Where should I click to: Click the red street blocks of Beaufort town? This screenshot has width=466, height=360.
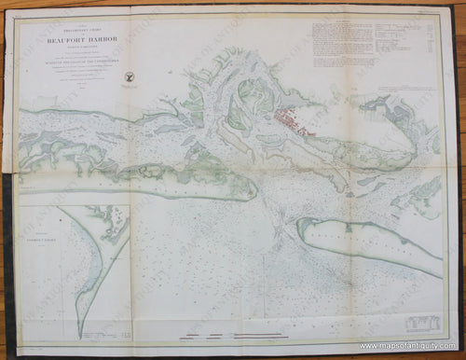[299, 118]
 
